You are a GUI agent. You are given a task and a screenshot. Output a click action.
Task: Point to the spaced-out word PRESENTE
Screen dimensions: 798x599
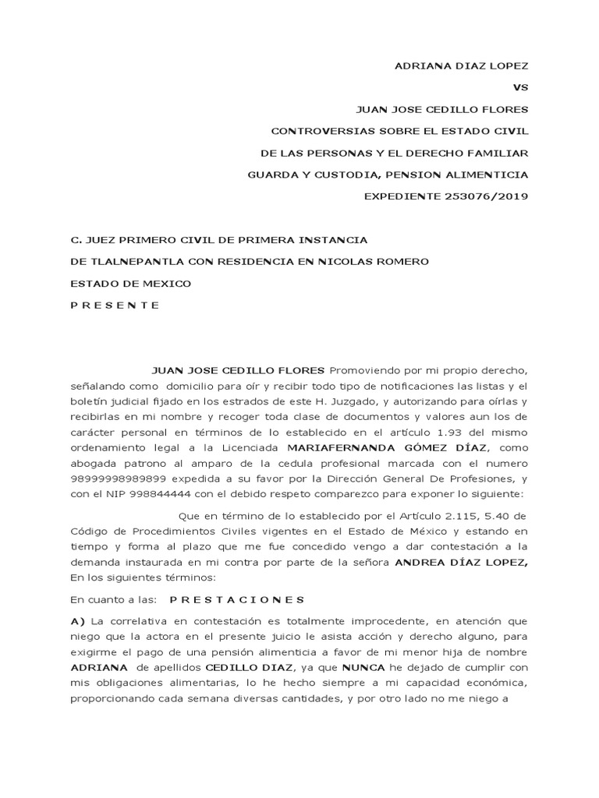coord(115,305)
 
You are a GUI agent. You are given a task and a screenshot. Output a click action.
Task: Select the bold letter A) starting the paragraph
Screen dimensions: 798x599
coord(76,620)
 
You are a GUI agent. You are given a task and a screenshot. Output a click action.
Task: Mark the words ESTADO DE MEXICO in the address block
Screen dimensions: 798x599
coord(130,283)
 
